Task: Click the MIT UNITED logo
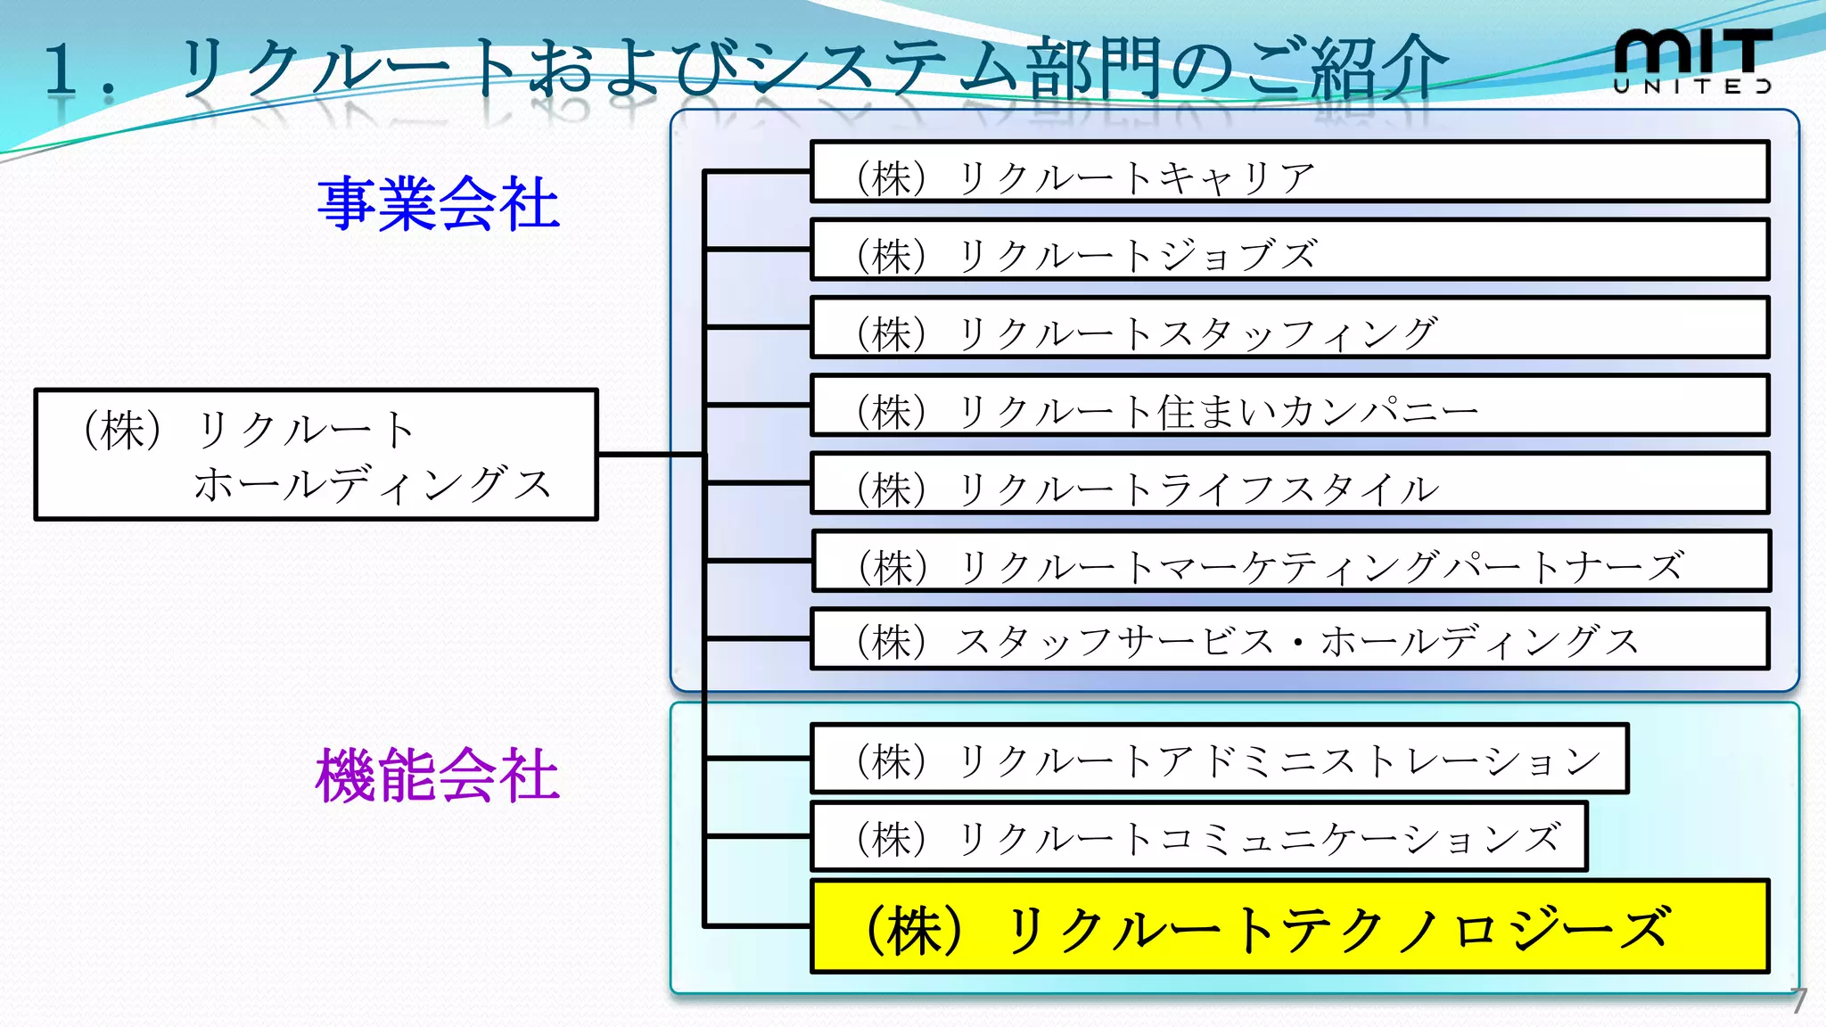[x=1691, y=61]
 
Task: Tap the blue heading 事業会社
[x=438, y=204]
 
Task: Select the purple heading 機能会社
[x=437, y=775]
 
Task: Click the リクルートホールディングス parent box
[x=316, y=455]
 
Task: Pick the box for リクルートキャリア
[x=1288, y=172]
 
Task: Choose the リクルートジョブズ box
[x=1288, y=251]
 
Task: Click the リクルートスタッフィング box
[x=1288, y=328]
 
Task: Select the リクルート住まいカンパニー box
[x=1288, y=406]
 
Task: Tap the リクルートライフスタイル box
[x=1288, y=483]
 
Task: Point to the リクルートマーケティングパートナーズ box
[x=1290, y=561]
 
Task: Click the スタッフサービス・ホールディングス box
[x=1288, y=638]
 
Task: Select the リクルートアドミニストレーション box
[x=1219, y=759]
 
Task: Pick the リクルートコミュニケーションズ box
[x=1198, y=836]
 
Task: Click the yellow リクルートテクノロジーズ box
[x=1288, y=926]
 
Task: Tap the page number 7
[x=1799, y=1000]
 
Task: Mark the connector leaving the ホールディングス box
[x=651, y=455]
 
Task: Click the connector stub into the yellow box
[x=758, y=925]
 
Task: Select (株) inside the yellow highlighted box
[x=915, y=930]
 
